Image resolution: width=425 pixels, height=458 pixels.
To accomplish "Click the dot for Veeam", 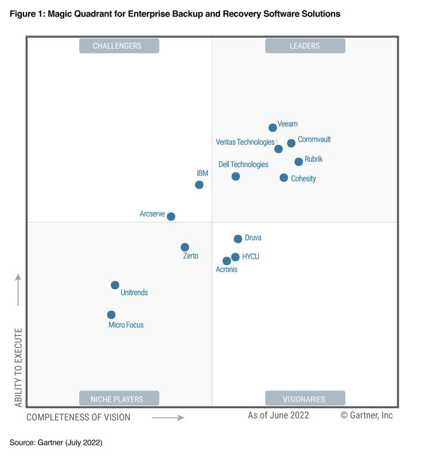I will click(273, 128).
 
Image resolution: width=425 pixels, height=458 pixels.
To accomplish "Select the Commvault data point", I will click(291, 143).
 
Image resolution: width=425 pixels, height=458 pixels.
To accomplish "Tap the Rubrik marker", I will click(299, 162).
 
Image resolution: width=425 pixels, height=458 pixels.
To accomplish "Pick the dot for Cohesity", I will click(284, 178).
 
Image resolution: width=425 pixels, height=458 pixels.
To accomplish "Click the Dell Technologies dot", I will click(236, 176).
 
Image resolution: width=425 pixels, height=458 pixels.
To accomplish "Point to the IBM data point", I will click(199, 185).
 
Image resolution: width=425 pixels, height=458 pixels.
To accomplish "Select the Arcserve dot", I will click(171, 216).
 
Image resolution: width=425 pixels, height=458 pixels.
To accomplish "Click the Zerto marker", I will click(185, 247).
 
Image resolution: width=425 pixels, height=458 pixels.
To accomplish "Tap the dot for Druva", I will click(238, 239).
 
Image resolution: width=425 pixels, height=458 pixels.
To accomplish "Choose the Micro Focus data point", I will click(111, 315).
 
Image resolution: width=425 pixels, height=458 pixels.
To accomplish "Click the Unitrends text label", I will click(134, 293).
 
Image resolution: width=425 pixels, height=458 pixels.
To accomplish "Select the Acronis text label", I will click(227, 270).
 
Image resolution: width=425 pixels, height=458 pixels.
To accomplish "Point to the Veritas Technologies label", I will click(245, 142).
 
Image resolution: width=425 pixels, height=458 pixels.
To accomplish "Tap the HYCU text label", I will click(251, 256).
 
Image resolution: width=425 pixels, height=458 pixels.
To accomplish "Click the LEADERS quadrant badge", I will click(305, 46).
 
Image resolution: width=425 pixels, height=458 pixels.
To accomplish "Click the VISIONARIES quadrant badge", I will click(305, 398).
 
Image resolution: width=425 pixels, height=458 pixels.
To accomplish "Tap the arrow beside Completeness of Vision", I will click(168, 418).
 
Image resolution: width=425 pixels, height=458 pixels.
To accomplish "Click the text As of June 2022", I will click(278, 416).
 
